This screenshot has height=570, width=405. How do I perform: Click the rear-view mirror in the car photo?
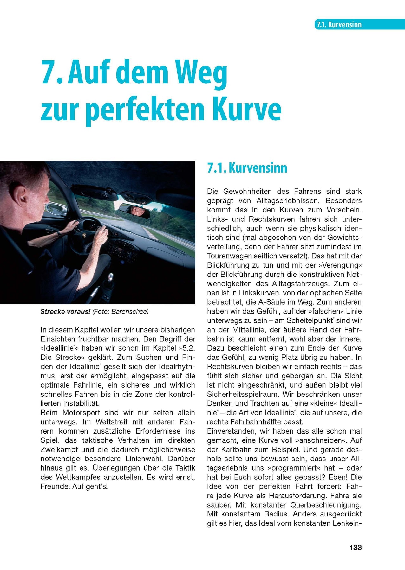coord(134,211)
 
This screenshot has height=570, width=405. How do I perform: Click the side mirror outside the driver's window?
coord(54,209)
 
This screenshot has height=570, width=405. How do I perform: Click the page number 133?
coord(355,547)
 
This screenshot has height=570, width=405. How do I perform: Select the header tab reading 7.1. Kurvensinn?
coord(338,25)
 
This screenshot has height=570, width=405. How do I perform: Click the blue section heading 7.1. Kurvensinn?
coord(247,168)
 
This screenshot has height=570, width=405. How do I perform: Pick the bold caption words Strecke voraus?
coord(65,312)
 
